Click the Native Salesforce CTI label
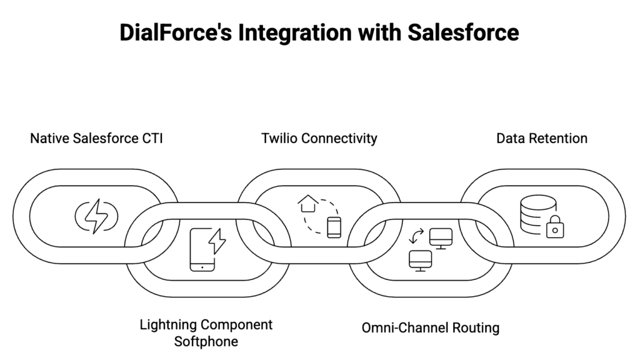(x=96, y=138)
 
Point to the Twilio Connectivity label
(x=319, y=138)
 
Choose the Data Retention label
(x=542, y=138)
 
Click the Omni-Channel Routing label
(x=431, y=327)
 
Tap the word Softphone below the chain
(x=206, y=341)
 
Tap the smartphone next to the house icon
(x=334, y=227)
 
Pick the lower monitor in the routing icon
(x=420, y=259)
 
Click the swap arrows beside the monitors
(x=415, y=236)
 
